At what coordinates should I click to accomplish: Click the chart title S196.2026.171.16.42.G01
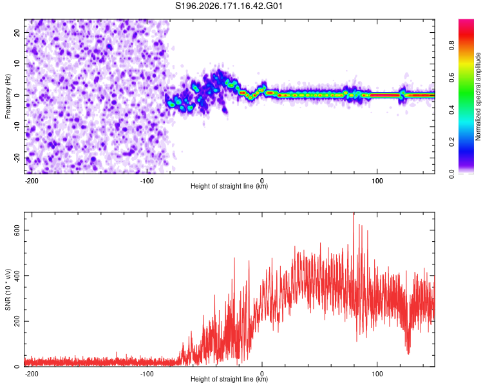[229, 6]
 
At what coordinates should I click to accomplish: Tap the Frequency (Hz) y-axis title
[8, 96]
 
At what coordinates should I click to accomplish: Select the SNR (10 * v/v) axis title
[8, 289]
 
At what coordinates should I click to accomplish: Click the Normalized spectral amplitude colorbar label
[478, 96]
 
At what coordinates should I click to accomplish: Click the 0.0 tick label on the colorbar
[451, 174]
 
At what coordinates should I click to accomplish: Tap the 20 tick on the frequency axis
[17, 32]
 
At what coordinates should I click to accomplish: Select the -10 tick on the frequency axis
[17, 126]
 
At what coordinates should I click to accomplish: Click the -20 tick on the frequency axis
[17, 158]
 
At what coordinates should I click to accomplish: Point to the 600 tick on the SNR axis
[17, 230]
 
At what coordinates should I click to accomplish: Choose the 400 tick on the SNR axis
[17, 275]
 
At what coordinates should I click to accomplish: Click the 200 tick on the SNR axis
[17, 321]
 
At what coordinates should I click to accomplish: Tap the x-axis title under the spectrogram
[229, 186]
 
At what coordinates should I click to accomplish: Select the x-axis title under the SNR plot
[229, 379]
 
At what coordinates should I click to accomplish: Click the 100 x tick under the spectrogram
[377, 181]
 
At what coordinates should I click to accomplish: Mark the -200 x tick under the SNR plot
[31, 374]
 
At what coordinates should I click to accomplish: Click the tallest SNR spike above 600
[354, 214]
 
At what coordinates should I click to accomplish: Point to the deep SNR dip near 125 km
[408, 353]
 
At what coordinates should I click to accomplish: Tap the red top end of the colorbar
[466, 21]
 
